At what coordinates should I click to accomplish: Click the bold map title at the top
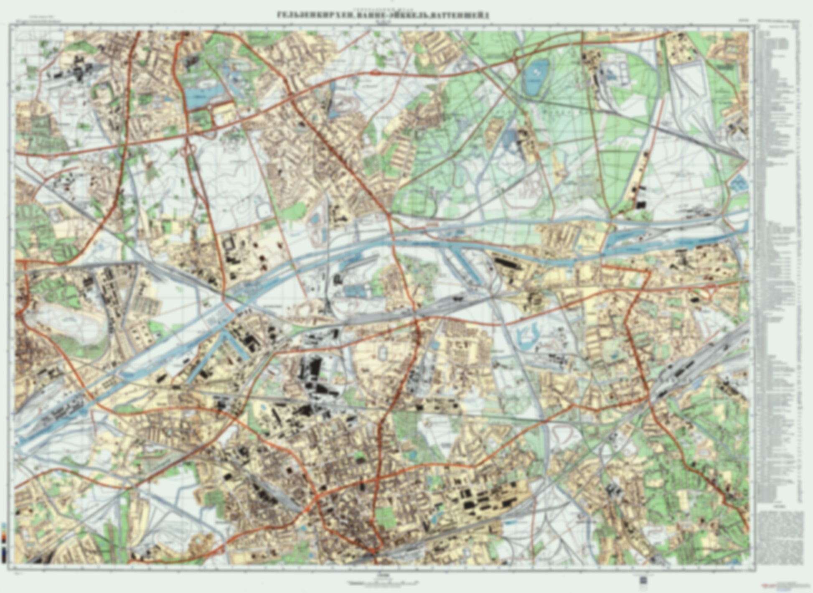[x=383, y=15]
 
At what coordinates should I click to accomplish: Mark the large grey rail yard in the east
[x=685, y=368]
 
